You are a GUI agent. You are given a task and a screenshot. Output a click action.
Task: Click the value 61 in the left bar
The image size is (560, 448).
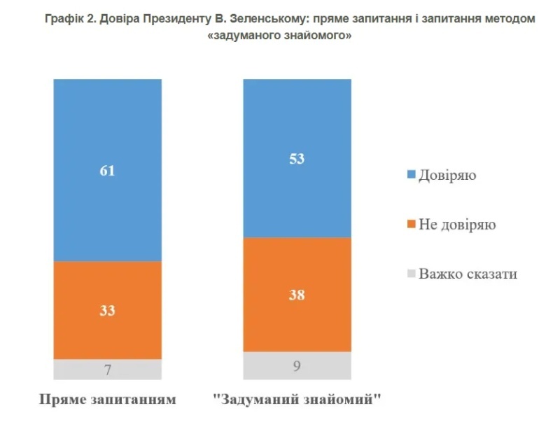click(x=107, y=170)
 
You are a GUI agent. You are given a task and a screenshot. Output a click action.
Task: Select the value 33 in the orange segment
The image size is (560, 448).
click(x=107, y=311)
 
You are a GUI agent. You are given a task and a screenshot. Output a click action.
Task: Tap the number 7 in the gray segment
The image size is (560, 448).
click(x=107, y=370)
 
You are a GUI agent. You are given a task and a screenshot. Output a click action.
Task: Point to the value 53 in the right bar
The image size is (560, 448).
click(x=296, y=159)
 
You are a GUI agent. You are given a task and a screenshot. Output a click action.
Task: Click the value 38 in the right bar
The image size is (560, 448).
click(x=296, y=295)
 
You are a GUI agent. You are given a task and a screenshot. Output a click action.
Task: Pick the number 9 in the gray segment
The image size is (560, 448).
click(x=296, y=364)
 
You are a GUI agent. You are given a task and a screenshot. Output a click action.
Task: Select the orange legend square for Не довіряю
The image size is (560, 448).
click(x=412, y=225)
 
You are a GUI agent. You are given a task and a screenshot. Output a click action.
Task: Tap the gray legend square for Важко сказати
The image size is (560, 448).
click(x=412, y=274)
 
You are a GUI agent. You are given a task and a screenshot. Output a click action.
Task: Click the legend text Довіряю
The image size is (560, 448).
click(x=447, y=175)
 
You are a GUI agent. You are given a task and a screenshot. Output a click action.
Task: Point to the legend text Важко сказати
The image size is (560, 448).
click(x=468, y=274)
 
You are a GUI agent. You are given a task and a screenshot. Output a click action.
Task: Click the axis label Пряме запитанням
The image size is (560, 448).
click(x=106, y=400)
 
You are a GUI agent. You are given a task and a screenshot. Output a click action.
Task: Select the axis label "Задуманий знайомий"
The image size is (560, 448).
click(x=297, y=400)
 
